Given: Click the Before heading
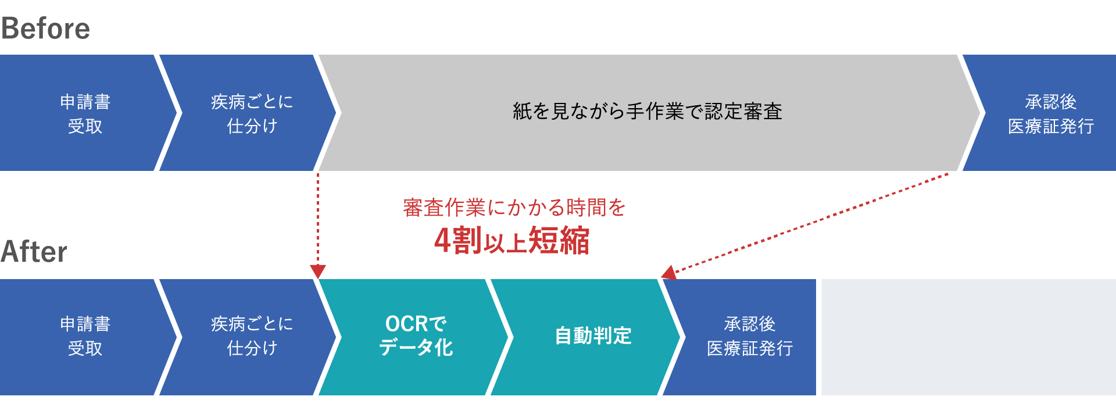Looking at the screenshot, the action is [x=46, y=28].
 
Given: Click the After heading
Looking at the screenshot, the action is [x=34, y=252].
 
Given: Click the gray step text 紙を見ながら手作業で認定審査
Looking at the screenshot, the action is [x=648, y=111].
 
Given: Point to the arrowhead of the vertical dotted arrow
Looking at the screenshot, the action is [x=318, y=272].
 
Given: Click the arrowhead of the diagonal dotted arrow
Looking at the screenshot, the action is [x=669, y=272].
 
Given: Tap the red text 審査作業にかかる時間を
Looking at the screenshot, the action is [x=514, y=208].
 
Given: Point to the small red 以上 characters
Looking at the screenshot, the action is [x=505, y=244].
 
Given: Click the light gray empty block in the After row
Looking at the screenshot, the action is [x=969, y=337].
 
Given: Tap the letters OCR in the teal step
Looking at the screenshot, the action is [x=409, y=324].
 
